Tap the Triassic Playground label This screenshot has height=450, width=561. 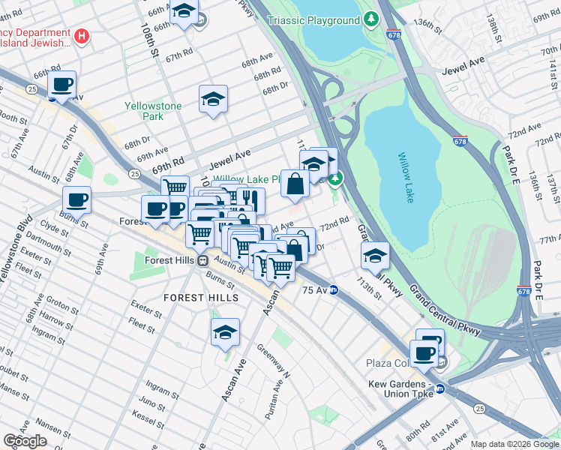(x=325, y=20)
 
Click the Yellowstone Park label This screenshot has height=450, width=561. (x=154, y=111)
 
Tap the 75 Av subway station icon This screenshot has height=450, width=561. (x=333, y=289)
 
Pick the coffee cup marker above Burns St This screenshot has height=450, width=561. (x=76, y=199)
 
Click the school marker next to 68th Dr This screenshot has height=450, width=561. (x=213, y=98)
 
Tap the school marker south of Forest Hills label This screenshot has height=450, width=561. (x=225, y=331)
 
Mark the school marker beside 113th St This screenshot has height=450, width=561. (x=375, y=256)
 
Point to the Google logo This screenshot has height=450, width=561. (x=25, y=441)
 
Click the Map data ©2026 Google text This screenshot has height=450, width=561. (x=514, y=444)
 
